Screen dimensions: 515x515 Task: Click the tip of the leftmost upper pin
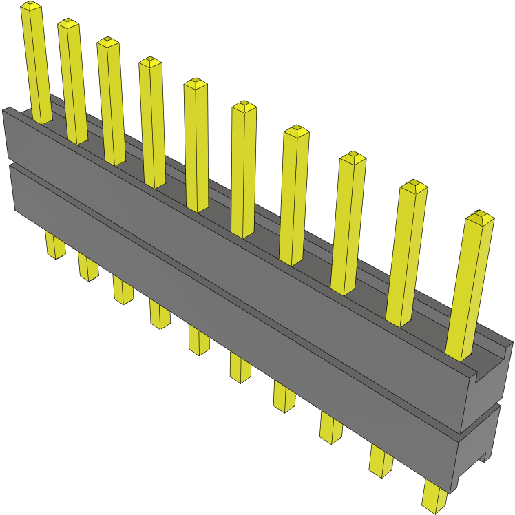coord(30,7)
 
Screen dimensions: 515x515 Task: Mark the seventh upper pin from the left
coord(294,196)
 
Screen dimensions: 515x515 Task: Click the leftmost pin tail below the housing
coord(55,244)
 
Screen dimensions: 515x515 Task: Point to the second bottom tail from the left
coord(88,267)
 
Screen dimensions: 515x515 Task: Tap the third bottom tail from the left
coord(123,290)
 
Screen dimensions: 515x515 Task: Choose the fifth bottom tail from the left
coord(199,340)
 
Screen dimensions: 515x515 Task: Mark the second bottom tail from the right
coord(380,461)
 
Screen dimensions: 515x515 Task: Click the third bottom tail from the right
coord(330,428)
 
